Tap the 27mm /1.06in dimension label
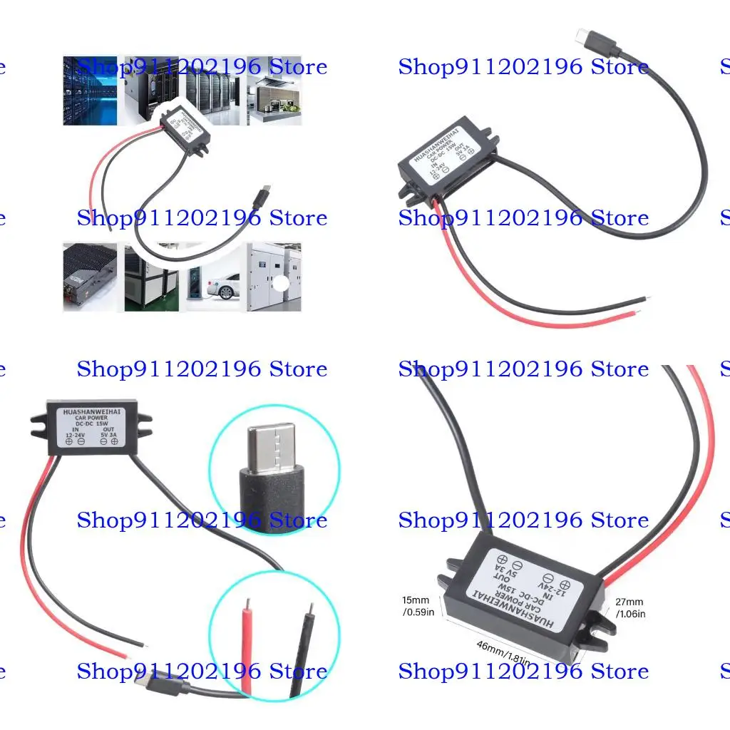pyautogui.click(x=629, y=607)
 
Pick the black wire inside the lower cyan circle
pyautogui.click(x=303, y=645)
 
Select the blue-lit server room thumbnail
pyautogui.click(x=90, y=91)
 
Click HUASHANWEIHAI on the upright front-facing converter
pyautogui.click(x=92, y=412)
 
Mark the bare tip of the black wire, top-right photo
pyautogui.click(x=645, y=298)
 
